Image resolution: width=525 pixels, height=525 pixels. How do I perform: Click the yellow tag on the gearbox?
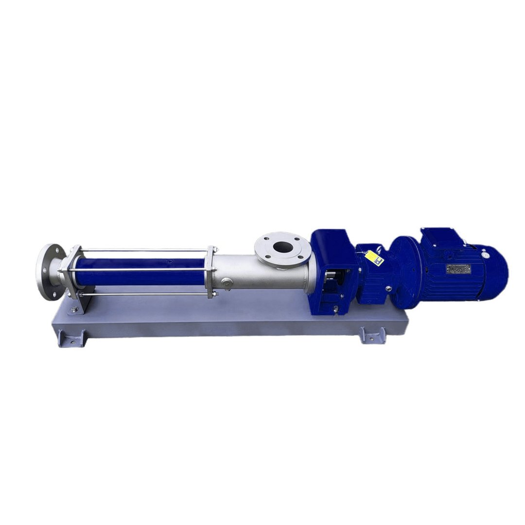(374, 258)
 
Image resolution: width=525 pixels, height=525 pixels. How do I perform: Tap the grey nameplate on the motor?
(458, 268)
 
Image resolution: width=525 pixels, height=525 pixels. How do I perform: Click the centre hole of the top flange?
(282, 247)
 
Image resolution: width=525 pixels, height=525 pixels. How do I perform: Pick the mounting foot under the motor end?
(372, 335)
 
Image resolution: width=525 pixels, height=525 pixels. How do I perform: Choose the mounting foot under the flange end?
(71, 338)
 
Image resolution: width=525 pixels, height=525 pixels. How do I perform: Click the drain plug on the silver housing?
(227, 284)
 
